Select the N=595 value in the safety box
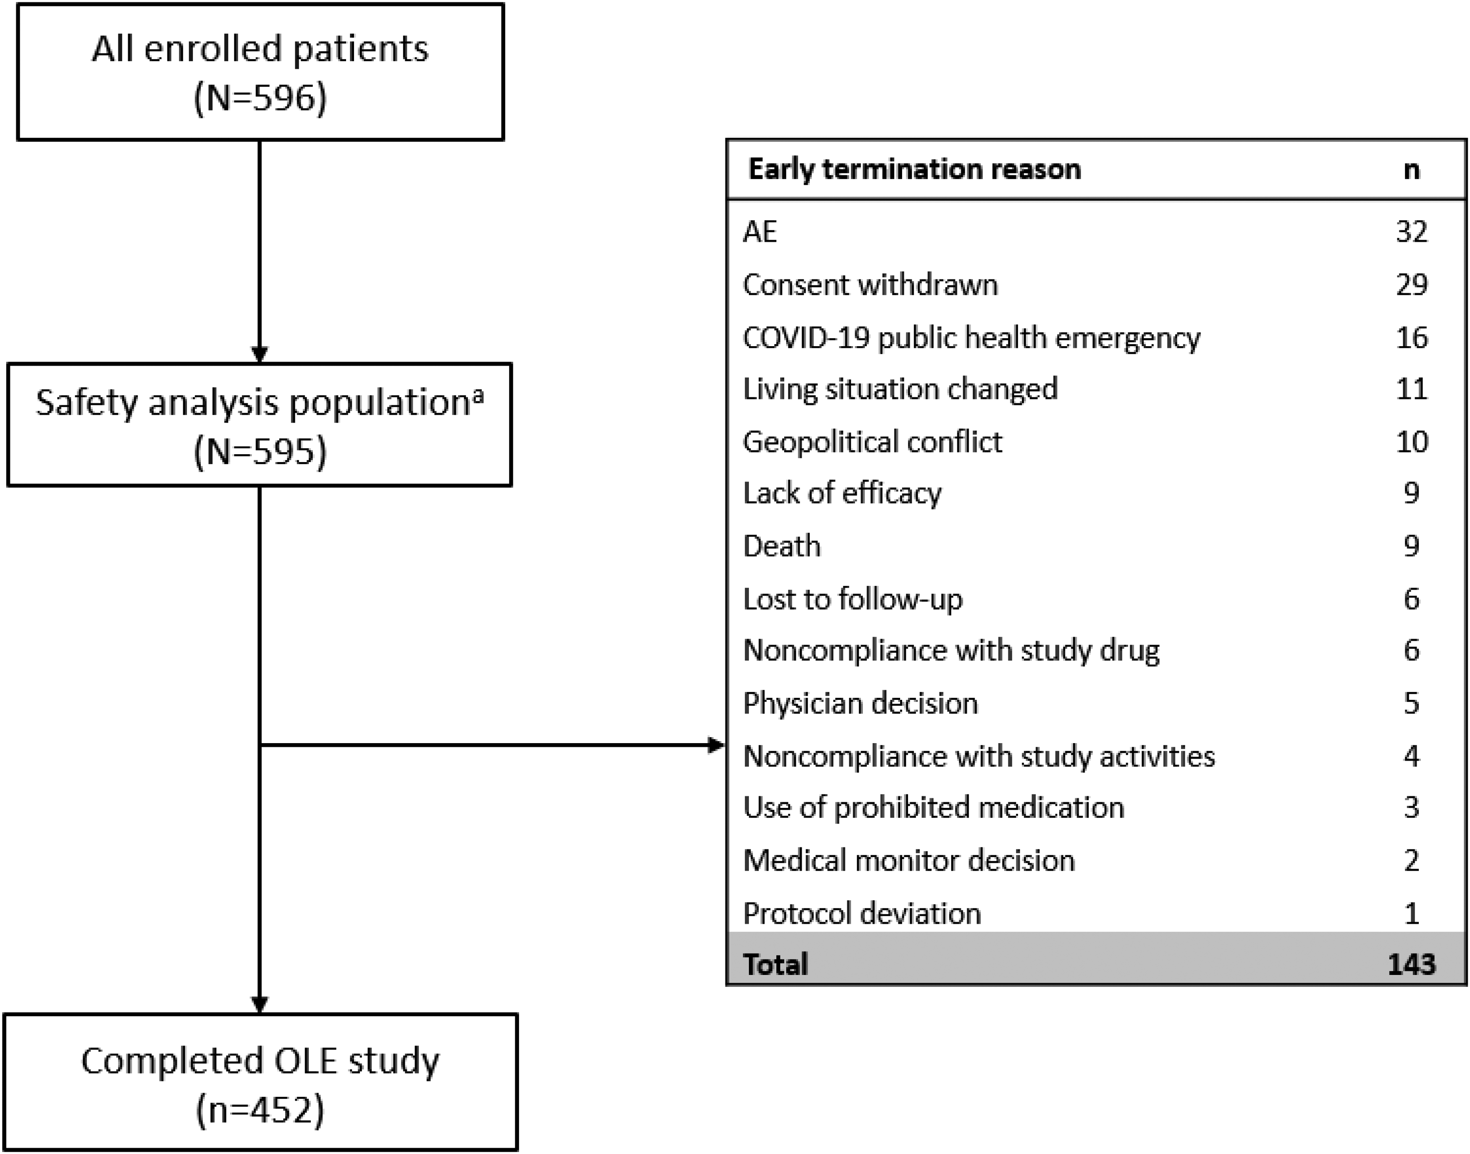[260, 451]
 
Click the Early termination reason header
[915, 169]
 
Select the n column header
[1411, 170]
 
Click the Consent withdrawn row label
[870, 284]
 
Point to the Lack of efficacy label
[842, 493]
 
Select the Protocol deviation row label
[862, 913]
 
